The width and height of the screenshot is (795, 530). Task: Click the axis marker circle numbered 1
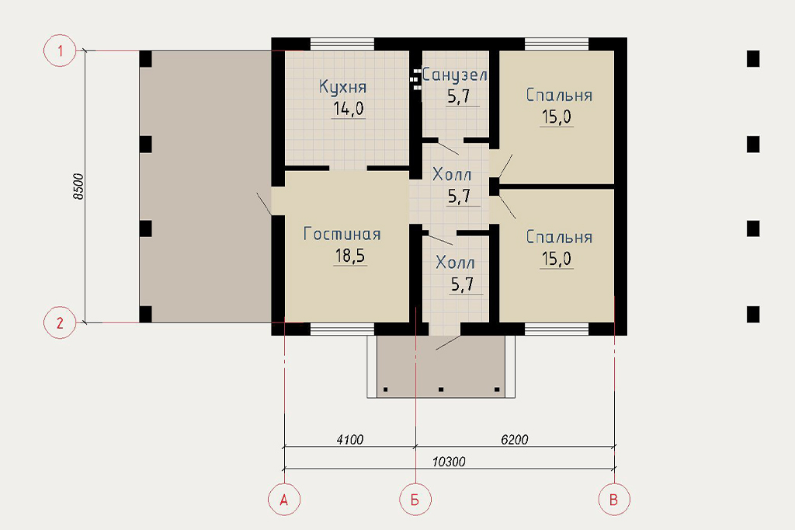(60, 51)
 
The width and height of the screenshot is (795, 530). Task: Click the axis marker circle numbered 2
(60, 323)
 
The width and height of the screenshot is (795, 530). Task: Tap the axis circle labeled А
(284, 500)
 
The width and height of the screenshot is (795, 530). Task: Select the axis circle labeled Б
(415, 500)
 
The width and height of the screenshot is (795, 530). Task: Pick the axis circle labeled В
(614, 500)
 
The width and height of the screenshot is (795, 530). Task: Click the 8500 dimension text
(78, 187)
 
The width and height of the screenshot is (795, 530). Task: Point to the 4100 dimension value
(350, 440)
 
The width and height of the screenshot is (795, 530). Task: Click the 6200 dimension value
(515, 440)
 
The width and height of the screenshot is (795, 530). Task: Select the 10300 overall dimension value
(449, 462)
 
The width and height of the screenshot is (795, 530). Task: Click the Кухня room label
(342, 87)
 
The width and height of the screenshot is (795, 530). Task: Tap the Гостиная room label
(342, 234)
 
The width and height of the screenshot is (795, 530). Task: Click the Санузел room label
(455, 75)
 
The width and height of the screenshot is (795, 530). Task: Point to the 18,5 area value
(350, 256)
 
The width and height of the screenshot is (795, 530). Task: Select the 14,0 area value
(349, 109)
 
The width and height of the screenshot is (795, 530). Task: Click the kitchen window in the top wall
(342, 44)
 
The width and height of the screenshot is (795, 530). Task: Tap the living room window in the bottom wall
(342, 330)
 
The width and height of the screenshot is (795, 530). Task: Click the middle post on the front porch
(441, 389)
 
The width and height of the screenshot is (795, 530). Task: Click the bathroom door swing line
(448, 147)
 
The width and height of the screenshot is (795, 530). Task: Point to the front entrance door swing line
(448, 343)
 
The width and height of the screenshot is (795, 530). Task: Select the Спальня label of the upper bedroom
(559, 95)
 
